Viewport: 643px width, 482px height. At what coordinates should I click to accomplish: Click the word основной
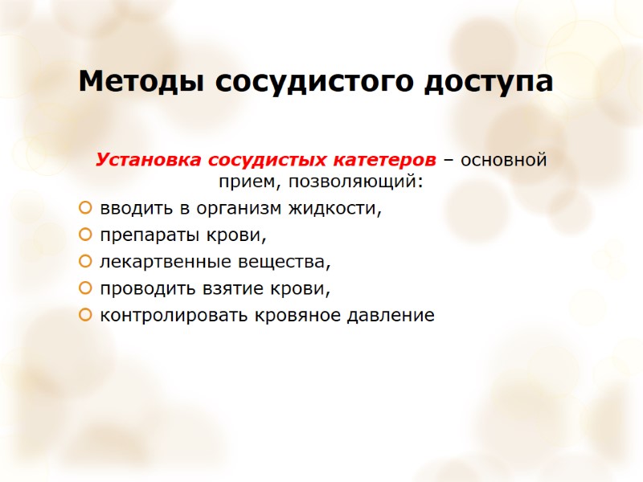(x=504, y=158)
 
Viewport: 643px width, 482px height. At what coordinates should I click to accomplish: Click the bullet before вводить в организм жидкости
(x=85, y=210)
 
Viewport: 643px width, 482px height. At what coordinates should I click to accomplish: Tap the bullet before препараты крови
(x=85, y=236)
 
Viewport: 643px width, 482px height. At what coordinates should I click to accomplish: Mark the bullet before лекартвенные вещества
(x=85, y=263)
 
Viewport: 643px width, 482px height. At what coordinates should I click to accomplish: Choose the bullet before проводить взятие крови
(x=85, y=288)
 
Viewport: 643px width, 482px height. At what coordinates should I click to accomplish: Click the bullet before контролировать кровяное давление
(x=85, y=315)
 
